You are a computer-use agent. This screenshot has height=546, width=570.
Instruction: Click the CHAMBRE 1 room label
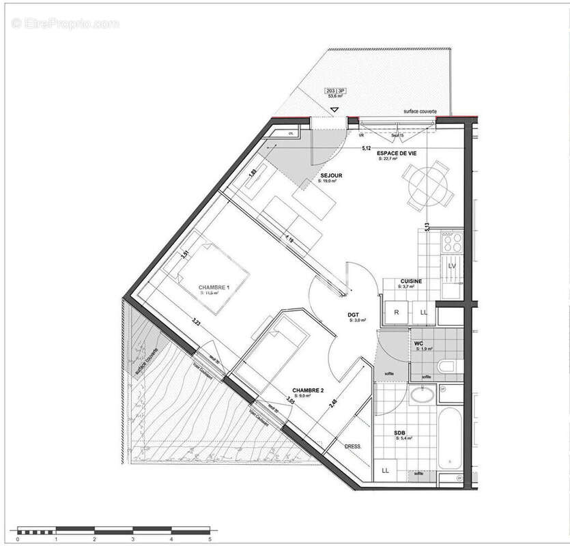tap(214, 287)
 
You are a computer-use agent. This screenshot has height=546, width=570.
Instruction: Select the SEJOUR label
tap(331, 175)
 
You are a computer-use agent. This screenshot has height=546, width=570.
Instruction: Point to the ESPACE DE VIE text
tap(397, 154)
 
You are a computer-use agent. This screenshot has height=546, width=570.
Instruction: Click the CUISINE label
tap(411, 281)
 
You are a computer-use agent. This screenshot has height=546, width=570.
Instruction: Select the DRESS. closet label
tap(352, 447)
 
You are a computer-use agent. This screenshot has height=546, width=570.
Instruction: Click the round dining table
tap(429, 186)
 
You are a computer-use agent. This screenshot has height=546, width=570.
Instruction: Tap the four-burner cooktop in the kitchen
tap(451, 242)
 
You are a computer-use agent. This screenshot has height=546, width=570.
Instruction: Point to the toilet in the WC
tap(446, 367)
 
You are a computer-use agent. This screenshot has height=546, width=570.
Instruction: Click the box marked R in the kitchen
tap(397, 311)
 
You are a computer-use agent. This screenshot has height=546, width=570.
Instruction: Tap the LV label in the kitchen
tap(452, 265)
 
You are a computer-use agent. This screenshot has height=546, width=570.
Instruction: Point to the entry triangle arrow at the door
tap(334, 109)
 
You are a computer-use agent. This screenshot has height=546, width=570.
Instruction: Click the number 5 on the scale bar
tap(210, 539)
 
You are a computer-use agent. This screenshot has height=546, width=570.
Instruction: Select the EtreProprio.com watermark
tap(66, 24)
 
